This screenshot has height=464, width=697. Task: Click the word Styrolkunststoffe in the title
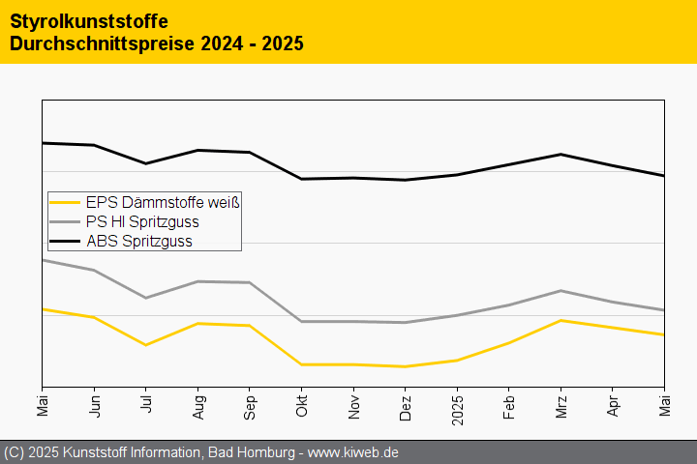[88, 20]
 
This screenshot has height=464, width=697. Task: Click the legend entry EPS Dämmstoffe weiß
[162, 203]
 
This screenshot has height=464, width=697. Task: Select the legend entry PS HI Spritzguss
[142, 222]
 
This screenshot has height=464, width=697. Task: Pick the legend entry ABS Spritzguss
[138, 242]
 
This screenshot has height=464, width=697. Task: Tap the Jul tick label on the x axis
[146, 405]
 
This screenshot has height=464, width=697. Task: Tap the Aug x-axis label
[198, 406]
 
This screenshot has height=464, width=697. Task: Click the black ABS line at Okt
[302, 179]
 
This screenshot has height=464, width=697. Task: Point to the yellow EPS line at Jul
[146, 345]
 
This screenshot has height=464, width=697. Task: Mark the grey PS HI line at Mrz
[561, 291]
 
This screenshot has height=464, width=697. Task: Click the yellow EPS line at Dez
[406, 366]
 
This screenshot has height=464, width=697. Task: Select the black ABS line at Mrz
[561, 155]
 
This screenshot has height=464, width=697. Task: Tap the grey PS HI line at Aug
[198, 281]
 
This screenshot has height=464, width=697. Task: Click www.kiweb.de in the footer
[353, 452]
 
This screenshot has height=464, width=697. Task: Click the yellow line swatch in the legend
[65, 203]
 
